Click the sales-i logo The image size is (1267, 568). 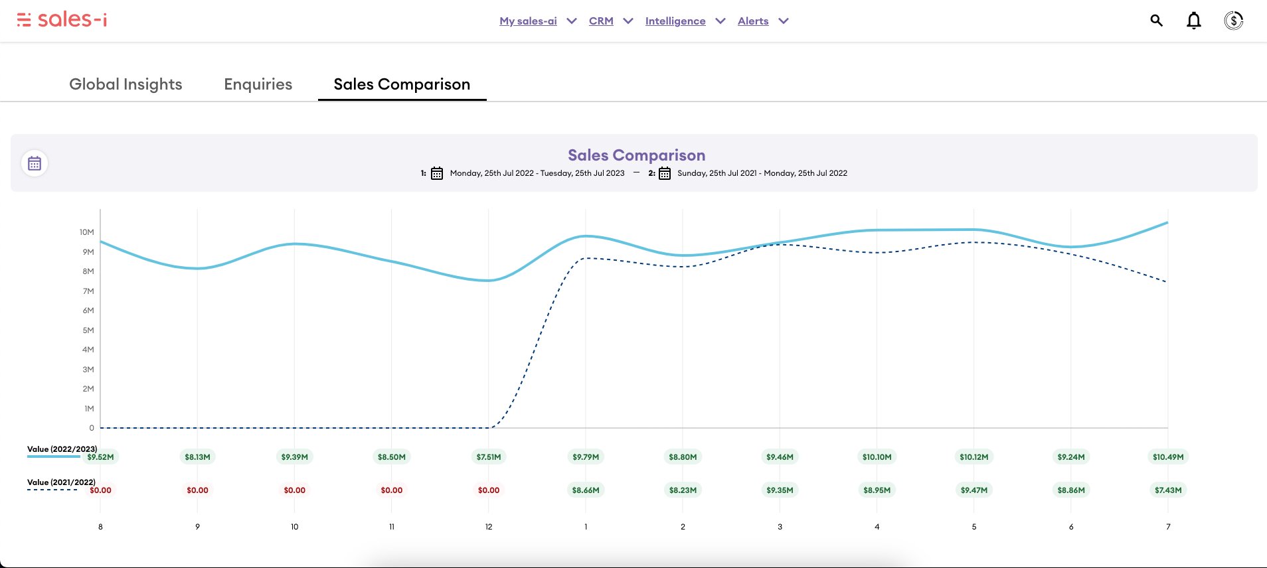pyautogui.click(x=62, y=20)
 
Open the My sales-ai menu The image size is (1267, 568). pyautogui.click(x=528, y=21)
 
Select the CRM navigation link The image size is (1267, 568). pyautogui.click(x=601, y=21)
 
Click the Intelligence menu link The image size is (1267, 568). pyautogui.click(x=675, y=21)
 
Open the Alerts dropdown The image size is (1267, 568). pyautogui.click(x=753, y=21)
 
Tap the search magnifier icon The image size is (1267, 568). pyautogui.click(x=1156, y=21)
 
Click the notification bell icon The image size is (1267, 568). pyautogui.click(x=1193, y=21)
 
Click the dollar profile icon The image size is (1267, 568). pyautogui.click(x=1233, y=21)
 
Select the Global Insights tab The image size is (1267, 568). pyautogui.click(x=126, y=84)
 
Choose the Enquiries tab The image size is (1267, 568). pyautogui.click(x=258, y=84)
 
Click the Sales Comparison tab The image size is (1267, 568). pyautogui.click(x=402, y=84)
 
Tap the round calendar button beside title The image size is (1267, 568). pyautogui.click(x=35, y=163)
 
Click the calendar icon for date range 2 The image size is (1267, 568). pyautogui.click(x=664, y=173)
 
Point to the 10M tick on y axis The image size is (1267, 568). pyautogui.click(x=87, y=232)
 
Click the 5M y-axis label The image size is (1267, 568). pyautogui.click(x=88, y=330)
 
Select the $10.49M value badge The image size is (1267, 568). pyautogui.click(x=1167, y=457)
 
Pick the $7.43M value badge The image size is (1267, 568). pyautogui.click(x=1167, y=490)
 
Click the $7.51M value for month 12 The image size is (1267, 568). pyautogui.click(x=489, y=457)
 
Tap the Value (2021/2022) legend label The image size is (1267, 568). pyautogui.click(x=61, y=482)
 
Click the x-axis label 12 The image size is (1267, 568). pyautogui.click(x=489, y=527)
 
